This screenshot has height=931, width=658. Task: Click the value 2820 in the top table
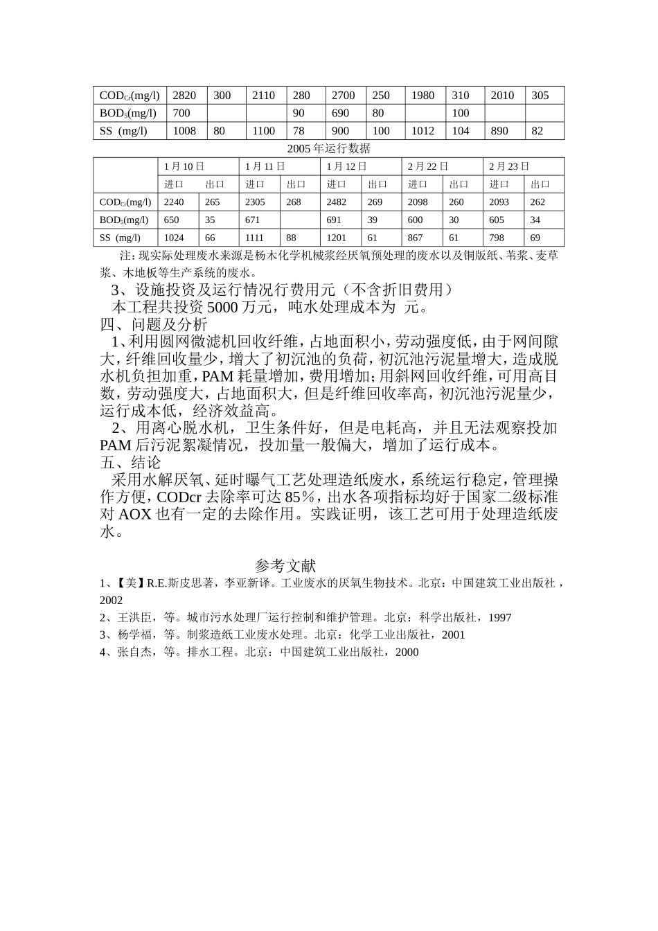click(184, 96)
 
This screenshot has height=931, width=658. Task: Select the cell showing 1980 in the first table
click(423, 96)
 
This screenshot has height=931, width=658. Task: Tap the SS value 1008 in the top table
click(184, 131)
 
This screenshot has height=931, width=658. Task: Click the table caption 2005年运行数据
click(329, 148)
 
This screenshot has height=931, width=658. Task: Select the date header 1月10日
click(184, 166)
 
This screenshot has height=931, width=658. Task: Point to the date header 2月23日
click(509, 166)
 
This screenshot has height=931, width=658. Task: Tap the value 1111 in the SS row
click(255, 238)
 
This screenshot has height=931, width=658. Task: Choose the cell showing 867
click(415, 238)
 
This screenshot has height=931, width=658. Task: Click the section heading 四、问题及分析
click(153, 324)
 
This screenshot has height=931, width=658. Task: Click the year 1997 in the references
click(499, 618)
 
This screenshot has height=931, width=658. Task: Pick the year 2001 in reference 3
click(453, 635)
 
